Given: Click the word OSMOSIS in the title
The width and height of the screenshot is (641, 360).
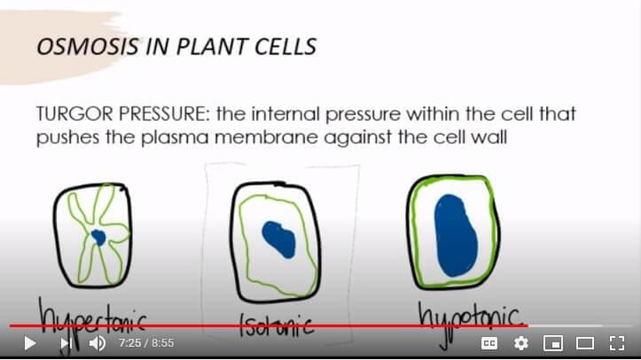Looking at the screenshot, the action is pos(88,46).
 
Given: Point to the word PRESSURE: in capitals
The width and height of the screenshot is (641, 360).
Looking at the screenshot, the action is pos(165,113).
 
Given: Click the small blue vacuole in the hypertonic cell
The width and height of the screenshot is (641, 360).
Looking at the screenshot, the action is pos(98,237).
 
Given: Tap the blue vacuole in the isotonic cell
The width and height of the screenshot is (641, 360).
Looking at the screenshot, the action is pos(278,239).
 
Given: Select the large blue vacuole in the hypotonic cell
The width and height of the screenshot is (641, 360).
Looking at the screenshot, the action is pos(456,235).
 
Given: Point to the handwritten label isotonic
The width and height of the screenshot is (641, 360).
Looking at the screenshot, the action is pos(277,325).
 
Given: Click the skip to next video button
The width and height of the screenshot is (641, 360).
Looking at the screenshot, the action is pos(66,343).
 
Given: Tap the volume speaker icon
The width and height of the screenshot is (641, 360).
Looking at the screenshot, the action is pos(98,343).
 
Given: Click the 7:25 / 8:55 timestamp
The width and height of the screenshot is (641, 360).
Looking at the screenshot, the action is pos(146,343).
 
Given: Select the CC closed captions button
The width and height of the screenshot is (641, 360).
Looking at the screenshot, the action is pos(489,343).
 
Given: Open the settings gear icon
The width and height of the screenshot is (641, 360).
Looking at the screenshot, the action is pos(521,343).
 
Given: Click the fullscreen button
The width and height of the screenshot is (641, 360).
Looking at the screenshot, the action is pos(617,343).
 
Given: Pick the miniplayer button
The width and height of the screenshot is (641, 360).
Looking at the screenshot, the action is pos(553,343).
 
